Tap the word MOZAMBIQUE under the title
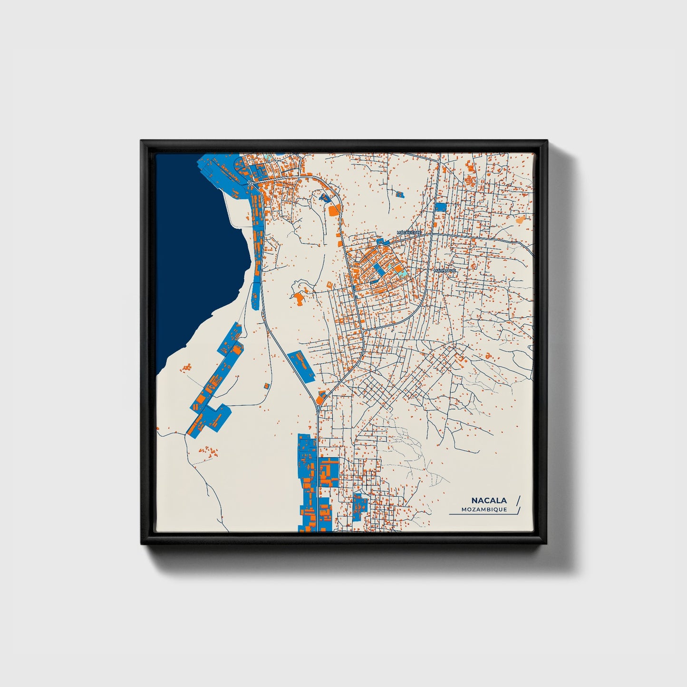coord(484,510)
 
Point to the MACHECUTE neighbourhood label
coord(409,232)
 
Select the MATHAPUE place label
coord(445,271)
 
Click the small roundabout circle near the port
coord(250,183)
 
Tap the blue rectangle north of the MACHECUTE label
coord(441,207)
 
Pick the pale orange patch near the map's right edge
coord(521,220)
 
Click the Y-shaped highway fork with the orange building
coord(321,397)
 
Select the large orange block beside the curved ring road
coord(335,210)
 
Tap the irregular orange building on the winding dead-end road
coord(299,299)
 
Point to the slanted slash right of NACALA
coord(518,500)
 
